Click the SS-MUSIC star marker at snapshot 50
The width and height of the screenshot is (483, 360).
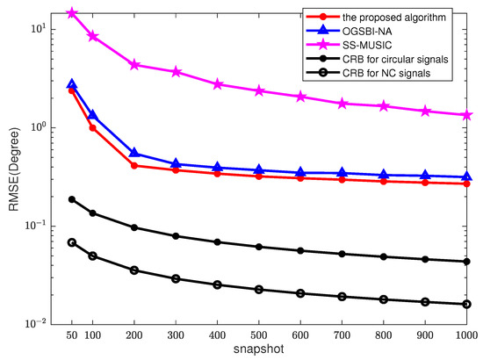(x=72, y=13)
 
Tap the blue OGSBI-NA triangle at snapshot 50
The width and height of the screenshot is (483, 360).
(x=72, y=84)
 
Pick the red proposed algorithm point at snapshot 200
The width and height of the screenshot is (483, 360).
(x=134, y=165)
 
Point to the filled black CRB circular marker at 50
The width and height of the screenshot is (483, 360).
(x=72, y=199)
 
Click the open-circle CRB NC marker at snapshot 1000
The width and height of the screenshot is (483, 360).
(x=466, y=304)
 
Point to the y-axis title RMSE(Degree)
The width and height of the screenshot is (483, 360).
(x=11, y=176)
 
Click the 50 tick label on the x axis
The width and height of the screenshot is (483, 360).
(x=72, y=336)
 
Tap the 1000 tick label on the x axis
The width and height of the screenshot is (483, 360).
(x=465, y=336)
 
